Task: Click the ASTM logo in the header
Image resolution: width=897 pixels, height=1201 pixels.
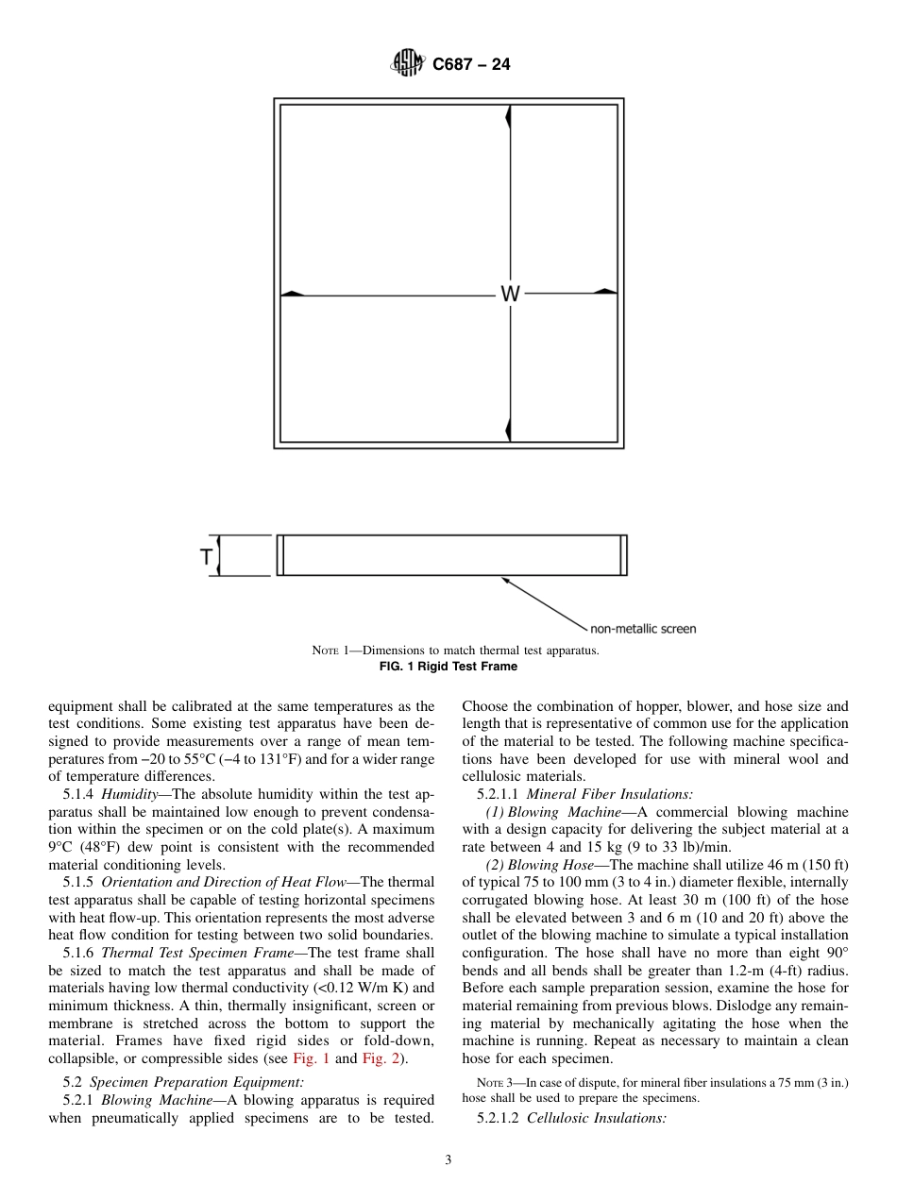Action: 407,64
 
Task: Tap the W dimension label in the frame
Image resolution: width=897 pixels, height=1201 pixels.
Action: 510,295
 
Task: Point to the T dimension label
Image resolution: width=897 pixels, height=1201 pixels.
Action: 206,557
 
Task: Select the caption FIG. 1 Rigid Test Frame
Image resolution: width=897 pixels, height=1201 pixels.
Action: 448,667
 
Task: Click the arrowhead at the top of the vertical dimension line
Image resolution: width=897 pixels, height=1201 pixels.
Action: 509,117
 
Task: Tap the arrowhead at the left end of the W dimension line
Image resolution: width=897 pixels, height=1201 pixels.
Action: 293,294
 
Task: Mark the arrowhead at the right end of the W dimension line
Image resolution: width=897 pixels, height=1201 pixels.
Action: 605,293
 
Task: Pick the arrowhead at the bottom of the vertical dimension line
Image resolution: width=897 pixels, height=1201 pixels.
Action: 509,429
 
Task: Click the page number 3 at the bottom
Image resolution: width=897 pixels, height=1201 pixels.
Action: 448,1160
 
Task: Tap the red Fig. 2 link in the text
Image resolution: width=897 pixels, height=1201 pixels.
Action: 380,1058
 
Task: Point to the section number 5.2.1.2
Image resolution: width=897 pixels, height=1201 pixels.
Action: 498,1119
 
